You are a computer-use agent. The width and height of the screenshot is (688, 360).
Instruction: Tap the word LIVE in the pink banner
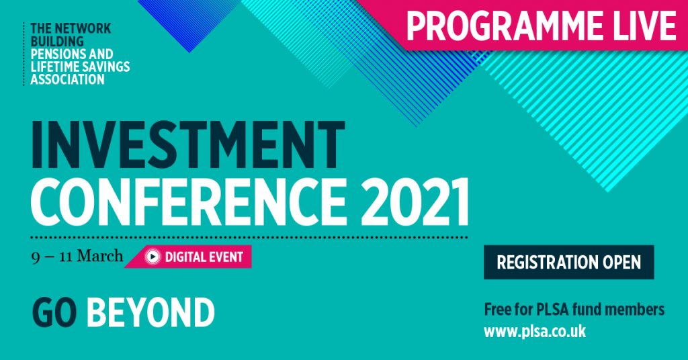641,25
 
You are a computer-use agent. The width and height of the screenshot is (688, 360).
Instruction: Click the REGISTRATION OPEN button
568,262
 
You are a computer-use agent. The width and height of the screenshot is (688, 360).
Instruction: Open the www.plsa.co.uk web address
535,331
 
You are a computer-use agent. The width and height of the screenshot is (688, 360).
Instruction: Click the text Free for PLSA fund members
574,310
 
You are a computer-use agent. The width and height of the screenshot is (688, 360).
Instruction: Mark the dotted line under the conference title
249,237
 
